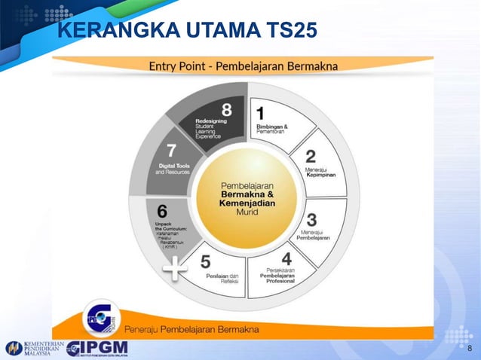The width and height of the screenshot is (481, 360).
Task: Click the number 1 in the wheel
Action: click(260, 114)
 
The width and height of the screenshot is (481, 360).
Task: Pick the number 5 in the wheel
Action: click(205, 263)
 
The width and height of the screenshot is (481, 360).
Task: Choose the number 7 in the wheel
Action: click(171, 151)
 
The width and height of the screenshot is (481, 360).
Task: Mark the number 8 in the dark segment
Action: click(226, 110)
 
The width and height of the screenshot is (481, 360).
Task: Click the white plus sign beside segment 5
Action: click(175, 269)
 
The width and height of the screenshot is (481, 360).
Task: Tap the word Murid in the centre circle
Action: click(236, 212)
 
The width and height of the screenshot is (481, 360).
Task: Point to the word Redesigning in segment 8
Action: click(210, 120)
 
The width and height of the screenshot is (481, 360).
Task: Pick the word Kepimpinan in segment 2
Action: click(320, 175)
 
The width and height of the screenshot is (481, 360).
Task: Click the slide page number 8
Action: click(470, 348)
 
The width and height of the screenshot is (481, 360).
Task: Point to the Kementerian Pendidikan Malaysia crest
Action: click(14, 349)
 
